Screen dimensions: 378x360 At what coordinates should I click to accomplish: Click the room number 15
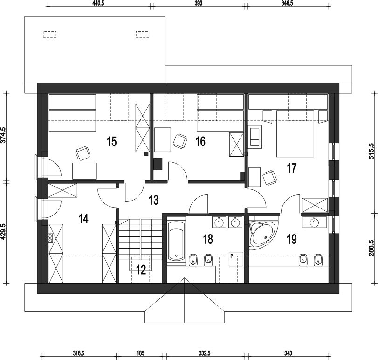pos(112,141)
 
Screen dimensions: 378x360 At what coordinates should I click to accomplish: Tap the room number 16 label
pos(200,141)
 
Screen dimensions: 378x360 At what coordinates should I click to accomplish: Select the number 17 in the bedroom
pos(291,168)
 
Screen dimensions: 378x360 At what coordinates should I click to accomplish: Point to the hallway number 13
pos(153,200)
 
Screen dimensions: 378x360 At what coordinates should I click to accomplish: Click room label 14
pos(83,219)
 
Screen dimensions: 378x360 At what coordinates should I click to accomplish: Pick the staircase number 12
pos(141,270)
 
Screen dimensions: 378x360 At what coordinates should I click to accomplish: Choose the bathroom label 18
pos(208,239)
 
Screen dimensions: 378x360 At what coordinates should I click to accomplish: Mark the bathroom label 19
pos(292,239)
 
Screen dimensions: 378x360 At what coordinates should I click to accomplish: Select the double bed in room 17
pos(295,133)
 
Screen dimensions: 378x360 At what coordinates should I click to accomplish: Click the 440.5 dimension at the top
pos(98,4)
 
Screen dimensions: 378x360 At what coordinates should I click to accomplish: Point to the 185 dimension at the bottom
pos(140,353)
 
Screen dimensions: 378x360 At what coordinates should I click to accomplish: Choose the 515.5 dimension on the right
pos(371,151)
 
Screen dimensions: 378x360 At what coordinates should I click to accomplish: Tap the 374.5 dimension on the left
pos(3,135)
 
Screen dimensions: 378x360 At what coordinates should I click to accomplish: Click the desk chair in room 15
pos(83,153)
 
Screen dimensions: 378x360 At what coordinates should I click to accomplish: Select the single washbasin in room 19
pos(314,222)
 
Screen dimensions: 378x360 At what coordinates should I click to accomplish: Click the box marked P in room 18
pos(236,259)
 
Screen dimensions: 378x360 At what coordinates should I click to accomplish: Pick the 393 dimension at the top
pos(198,4)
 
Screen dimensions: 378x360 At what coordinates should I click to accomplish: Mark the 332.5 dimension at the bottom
pos(205,353)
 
